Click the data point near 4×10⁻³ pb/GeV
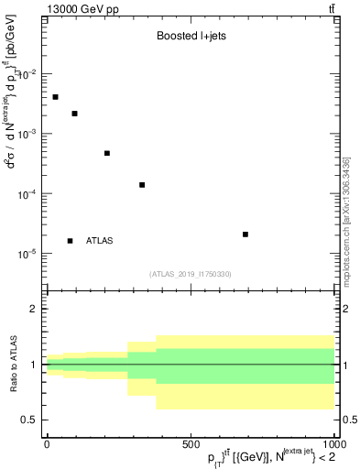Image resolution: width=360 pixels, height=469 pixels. (x=56, y=97)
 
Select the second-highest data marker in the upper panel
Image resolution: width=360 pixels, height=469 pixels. (x=74, y=114)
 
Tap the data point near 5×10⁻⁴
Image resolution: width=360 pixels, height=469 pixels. (x=107, y=153)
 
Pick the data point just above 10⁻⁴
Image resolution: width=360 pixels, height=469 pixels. (x=142, y=185)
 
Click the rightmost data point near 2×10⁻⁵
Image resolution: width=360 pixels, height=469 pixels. (x=245, y=234)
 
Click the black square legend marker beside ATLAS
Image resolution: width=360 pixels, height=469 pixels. (x=71, y=241)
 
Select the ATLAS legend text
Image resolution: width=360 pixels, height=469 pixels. (x=99, y=241)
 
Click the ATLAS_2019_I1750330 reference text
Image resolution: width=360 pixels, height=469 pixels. (x=191, y=274)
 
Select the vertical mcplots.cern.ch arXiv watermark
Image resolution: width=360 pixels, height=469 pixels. (x=346, y=206)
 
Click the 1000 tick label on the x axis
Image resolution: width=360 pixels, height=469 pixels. (x=331, y=442)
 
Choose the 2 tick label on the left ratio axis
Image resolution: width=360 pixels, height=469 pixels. (x=34, y=309)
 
